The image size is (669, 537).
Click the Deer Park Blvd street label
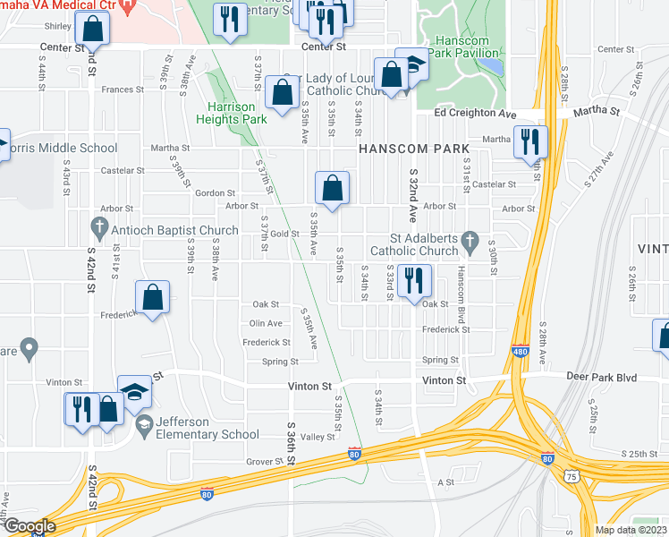[x=602, y=378]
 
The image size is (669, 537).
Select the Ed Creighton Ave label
[x=476, y=114]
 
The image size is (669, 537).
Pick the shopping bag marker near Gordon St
[x=332, y=188]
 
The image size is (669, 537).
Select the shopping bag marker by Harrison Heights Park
[x=283, y=92]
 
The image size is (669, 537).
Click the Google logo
[x=29, y=526]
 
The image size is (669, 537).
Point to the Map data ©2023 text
[x=630, y=530]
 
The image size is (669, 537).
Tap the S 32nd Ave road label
[x=413, y=197]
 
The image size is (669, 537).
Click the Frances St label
[x=123, y=89]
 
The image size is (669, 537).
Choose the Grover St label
[x=264, y=462]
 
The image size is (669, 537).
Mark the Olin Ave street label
[x=266, y=323]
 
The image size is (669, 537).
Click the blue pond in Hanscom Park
[x=496, y=67]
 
